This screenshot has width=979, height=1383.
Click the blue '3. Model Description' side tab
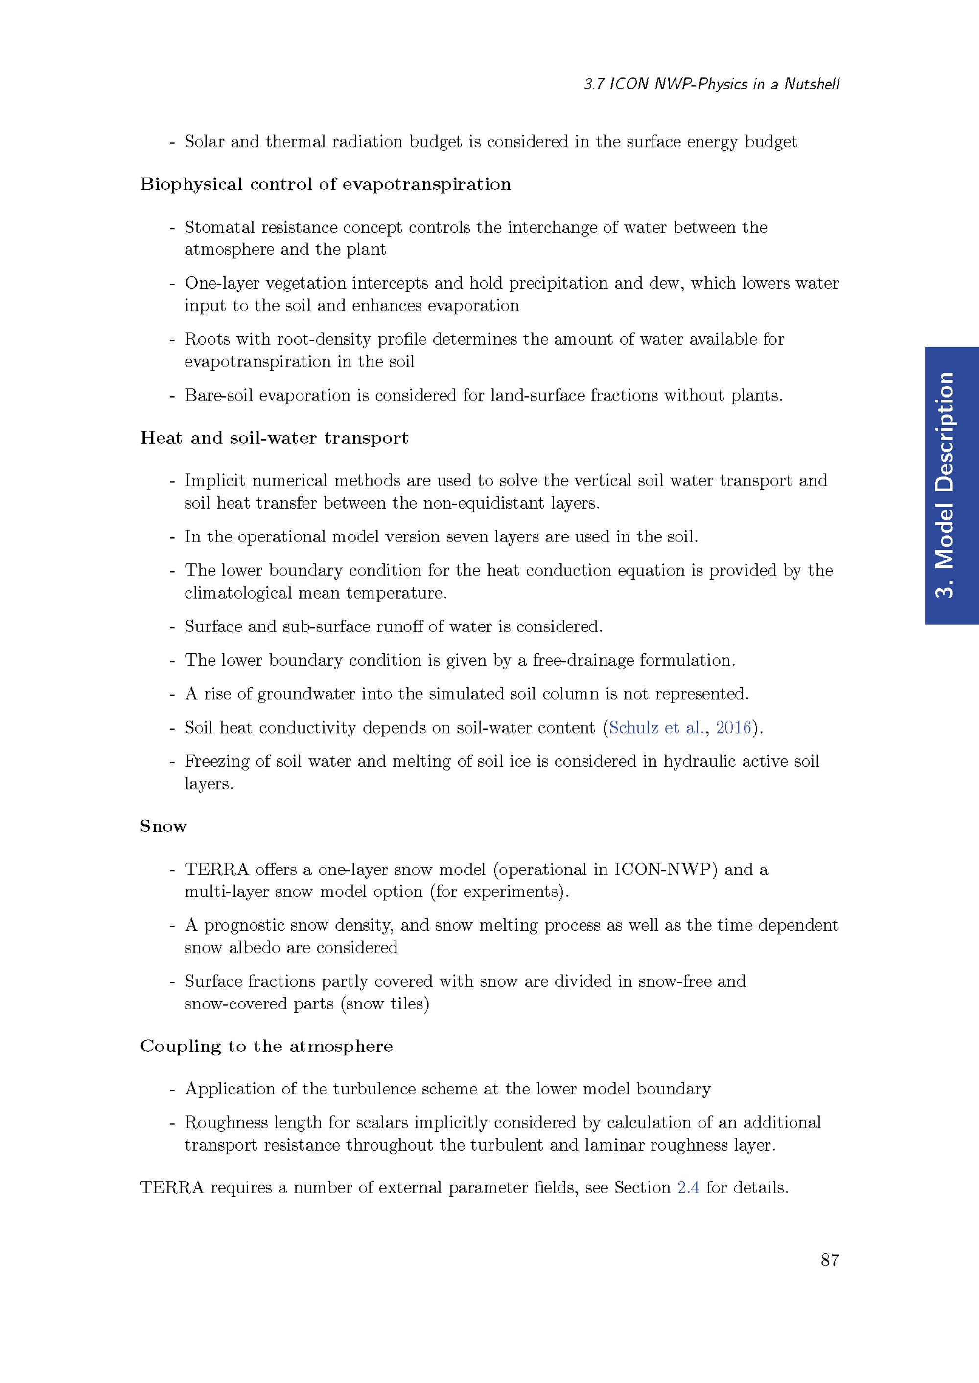[x=951, y=486]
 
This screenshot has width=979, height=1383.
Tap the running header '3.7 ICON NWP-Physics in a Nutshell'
[x=711, y=84]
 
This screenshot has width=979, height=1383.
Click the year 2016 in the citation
[x=733, y=728]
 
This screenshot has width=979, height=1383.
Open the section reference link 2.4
[x=688, y=1188]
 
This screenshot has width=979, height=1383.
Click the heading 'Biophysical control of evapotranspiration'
[x=325, y=184]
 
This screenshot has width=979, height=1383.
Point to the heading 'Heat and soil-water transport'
[x=274, y=438]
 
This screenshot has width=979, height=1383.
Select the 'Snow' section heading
[x=163, y=826]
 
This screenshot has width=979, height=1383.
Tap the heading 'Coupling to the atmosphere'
[x=266, y=1046]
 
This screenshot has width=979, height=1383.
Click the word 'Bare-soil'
[x=218, y=395]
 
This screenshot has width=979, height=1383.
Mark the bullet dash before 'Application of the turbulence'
[x=172, y=1089]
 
